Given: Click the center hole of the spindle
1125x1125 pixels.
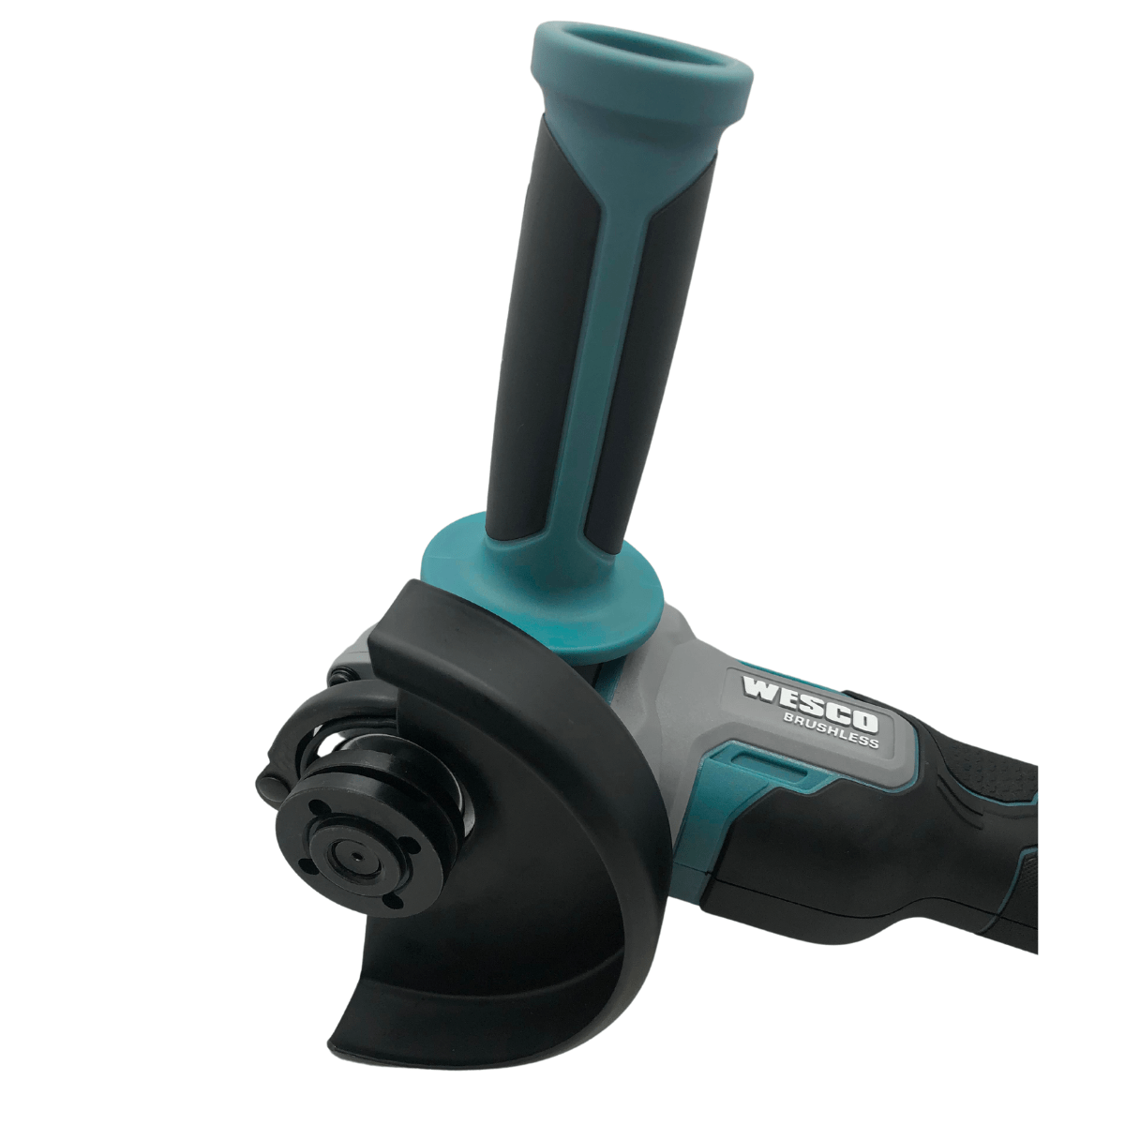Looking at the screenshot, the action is [356, 856].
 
